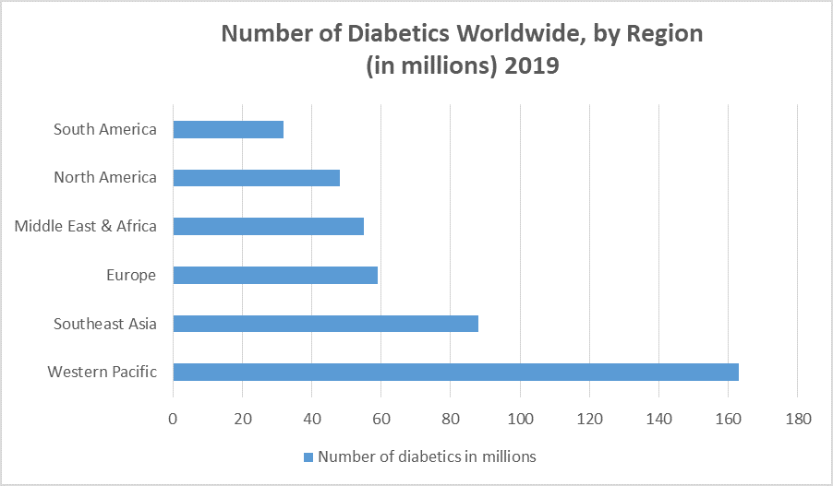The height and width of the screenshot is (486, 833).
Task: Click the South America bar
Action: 228,129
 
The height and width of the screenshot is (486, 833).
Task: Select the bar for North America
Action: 256,178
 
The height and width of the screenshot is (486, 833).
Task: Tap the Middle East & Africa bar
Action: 268,226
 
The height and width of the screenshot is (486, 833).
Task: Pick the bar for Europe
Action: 275,275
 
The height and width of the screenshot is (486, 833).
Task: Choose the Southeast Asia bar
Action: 325,324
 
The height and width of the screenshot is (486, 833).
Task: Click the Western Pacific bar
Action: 455,373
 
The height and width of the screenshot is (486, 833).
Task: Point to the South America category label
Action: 104,129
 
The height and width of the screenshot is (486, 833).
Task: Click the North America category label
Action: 104,178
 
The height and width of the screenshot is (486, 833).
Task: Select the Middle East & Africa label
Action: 85,226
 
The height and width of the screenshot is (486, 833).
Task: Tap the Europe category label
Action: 130,275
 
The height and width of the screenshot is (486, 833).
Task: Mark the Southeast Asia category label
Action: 104,324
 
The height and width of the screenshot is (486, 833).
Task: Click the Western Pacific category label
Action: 102,373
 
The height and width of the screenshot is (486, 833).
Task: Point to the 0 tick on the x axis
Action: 173,419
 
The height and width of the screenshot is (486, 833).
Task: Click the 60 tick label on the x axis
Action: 380,419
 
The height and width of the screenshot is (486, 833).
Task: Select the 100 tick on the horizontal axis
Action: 520,419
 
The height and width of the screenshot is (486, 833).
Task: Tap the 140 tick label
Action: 658,419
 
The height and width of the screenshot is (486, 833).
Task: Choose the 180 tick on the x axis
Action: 797,419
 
